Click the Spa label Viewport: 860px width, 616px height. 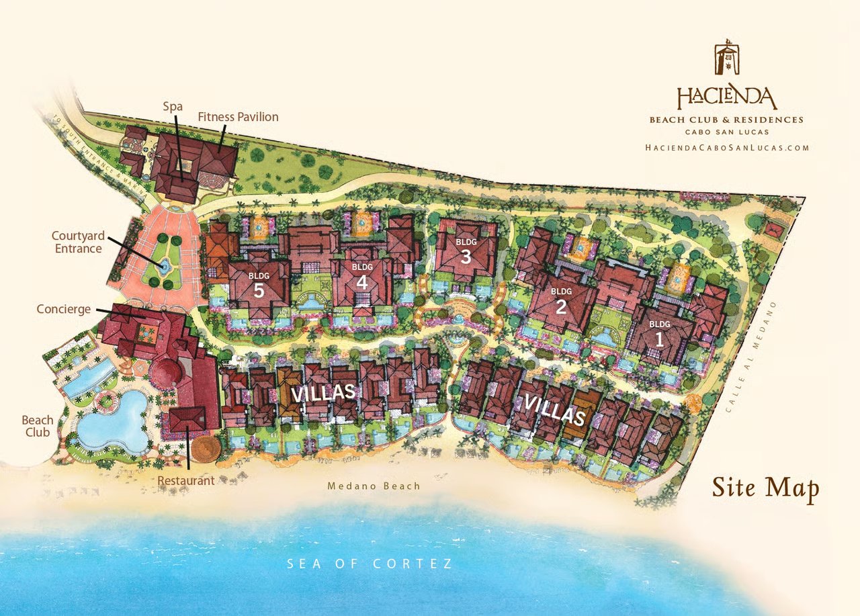[x=173, y=106]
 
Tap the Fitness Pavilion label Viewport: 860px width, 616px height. [x=238, y=117]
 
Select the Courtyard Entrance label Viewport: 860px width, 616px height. [x=77, y=243]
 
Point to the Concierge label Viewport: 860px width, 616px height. [x=64, y=309]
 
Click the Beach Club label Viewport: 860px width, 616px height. [x=38, y=426]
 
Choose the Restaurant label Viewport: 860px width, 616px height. [x=186, y=480]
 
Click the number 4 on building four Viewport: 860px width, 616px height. [x=361, y=282]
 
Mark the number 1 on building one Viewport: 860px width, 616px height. [x=659, y=339]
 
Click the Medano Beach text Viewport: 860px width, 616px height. [x=374, y=486]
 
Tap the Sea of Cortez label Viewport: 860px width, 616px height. [x=370, y=564]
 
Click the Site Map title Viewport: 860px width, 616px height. [x=765, y=488]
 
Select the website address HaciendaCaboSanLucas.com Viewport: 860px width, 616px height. [x=726, y=148]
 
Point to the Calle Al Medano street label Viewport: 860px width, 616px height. [x=752, y=355]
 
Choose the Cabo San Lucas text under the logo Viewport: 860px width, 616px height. [x=726, y=132]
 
